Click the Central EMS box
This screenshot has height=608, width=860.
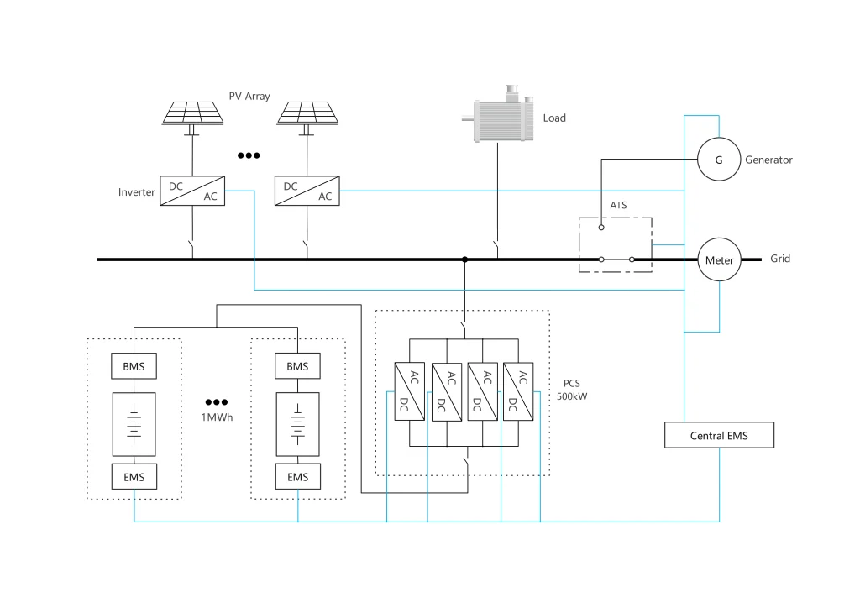click(x=719, y=436)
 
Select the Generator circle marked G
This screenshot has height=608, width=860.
click(x=719, y=160)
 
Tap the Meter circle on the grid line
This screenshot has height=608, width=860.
click(x=719, y=259)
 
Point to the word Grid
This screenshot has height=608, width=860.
click(x=780, y=259)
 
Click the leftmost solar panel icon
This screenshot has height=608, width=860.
click(x=192, y=113)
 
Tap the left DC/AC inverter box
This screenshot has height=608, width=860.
click(x=192, y=191)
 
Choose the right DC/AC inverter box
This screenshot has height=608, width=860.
click(x=307, y=191)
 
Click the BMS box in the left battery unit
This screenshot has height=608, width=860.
click(x=134, y=366)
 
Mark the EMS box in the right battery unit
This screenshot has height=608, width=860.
click(x=297, y=477)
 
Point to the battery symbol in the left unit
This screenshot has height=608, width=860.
click(x=134, y=422)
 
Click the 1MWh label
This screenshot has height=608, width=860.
click(x=216, y=418)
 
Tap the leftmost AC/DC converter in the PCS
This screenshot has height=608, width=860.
click(x=409, y=390)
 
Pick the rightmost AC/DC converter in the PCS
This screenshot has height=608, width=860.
click(x=518, y=390)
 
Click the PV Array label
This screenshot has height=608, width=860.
click(x=249, y=97)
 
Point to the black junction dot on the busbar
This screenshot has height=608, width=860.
click(x=464, y=259)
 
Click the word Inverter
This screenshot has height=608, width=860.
click(x=137, y=192)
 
